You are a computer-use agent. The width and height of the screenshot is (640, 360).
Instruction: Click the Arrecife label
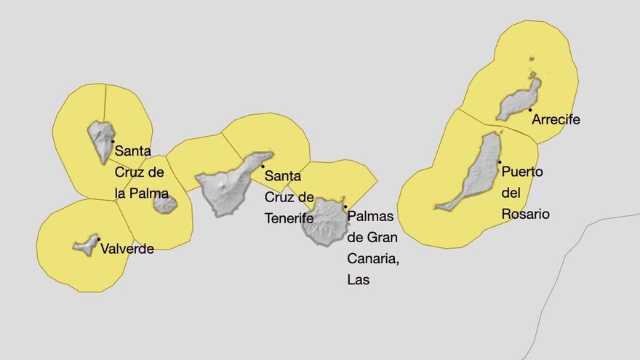556,119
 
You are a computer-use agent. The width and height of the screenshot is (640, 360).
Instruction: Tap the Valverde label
127,249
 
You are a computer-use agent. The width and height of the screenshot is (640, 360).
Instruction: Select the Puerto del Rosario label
524,193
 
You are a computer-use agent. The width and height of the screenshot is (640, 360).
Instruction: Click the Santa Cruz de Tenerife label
289,196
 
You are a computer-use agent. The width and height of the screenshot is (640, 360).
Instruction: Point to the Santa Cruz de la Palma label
141,172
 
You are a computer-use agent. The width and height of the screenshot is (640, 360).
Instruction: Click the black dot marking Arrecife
530,110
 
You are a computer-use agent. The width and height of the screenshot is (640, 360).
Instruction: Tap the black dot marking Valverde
99,239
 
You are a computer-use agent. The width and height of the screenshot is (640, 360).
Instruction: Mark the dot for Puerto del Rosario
500,162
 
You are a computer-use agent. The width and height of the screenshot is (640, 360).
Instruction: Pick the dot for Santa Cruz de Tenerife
263,167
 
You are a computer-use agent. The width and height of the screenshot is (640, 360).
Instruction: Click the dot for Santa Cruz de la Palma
113,141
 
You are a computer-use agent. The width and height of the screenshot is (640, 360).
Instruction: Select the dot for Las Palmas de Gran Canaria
345,207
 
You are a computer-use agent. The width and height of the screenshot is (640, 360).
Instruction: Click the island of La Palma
100,139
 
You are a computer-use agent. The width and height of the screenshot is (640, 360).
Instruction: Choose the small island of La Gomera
165,204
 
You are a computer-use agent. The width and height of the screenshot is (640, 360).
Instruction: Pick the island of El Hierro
87,245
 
